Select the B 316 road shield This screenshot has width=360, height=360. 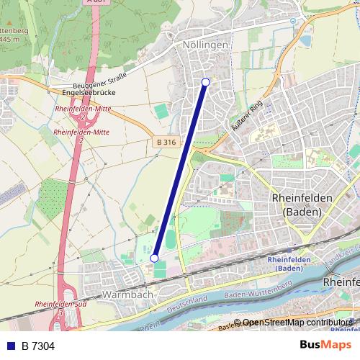166,143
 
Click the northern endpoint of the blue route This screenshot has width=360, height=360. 206,82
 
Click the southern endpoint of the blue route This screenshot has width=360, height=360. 154,258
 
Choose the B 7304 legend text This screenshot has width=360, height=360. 38,346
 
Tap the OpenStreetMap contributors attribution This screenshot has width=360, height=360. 297,323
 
